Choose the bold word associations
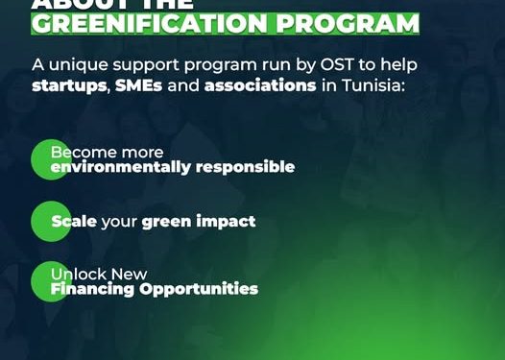click(260, 85)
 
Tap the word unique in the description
click(76, 64)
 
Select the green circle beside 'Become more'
click(50, 159)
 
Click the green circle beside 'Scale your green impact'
click(50, 222)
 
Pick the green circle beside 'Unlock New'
click(50, 281)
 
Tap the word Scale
click(74, 222)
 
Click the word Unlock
click(78, 275)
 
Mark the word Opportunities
click(200, 289)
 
